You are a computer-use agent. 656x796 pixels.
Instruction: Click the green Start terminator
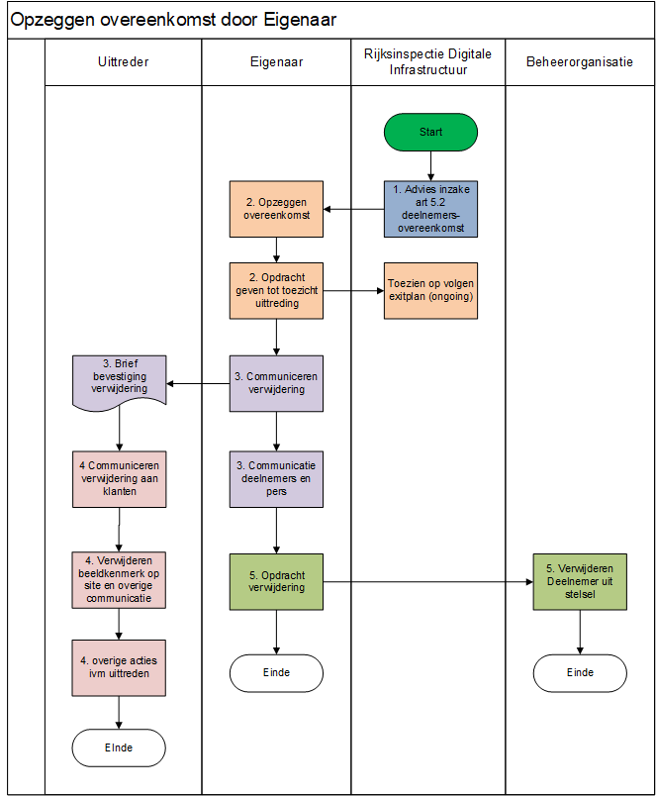pos(430,132)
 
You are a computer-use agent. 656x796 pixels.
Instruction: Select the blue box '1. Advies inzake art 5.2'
pos(430,209)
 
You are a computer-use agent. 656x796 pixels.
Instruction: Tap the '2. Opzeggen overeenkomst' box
pos(276,209)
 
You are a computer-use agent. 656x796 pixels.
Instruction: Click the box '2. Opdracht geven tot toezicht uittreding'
pos(276,290)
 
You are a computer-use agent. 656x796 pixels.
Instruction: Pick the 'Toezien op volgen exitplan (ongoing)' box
pos(430,290)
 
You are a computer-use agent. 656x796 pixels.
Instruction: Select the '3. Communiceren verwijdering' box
pos(276,383)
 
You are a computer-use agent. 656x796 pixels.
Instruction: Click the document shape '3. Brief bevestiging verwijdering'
pos(119,382)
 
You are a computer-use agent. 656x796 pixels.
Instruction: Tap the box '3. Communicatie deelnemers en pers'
pos(276,479)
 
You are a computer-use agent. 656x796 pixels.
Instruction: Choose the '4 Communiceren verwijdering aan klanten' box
pos(119,479)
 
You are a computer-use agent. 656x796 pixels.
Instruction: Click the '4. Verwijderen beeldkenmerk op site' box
pos(119,580)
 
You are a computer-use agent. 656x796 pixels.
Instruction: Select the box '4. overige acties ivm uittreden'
pos(119,667)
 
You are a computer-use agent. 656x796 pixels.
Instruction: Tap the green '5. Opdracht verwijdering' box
pos(276,582)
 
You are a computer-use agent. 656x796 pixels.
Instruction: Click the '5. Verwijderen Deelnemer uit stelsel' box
pos(580,582)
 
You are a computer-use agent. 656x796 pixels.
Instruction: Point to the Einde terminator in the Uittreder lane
pos(119,747)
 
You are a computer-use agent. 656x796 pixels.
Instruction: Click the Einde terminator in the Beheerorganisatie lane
pos(580,673)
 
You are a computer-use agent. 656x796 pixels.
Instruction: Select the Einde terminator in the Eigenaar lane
pos(276,673)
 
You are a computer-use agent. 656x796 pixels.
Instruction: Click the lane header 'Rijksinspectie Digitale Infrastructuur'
pos(427,61)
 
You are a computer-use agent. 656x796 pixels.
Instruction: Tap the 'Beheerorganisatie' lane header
pos(580,62)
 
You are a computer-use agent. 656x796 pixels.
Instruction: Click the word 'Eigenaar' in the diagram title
pos(300,20)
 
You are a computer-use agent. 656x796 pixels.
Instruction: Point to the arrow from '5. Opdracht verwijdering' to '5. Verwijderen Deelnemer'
pos(427,582)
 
